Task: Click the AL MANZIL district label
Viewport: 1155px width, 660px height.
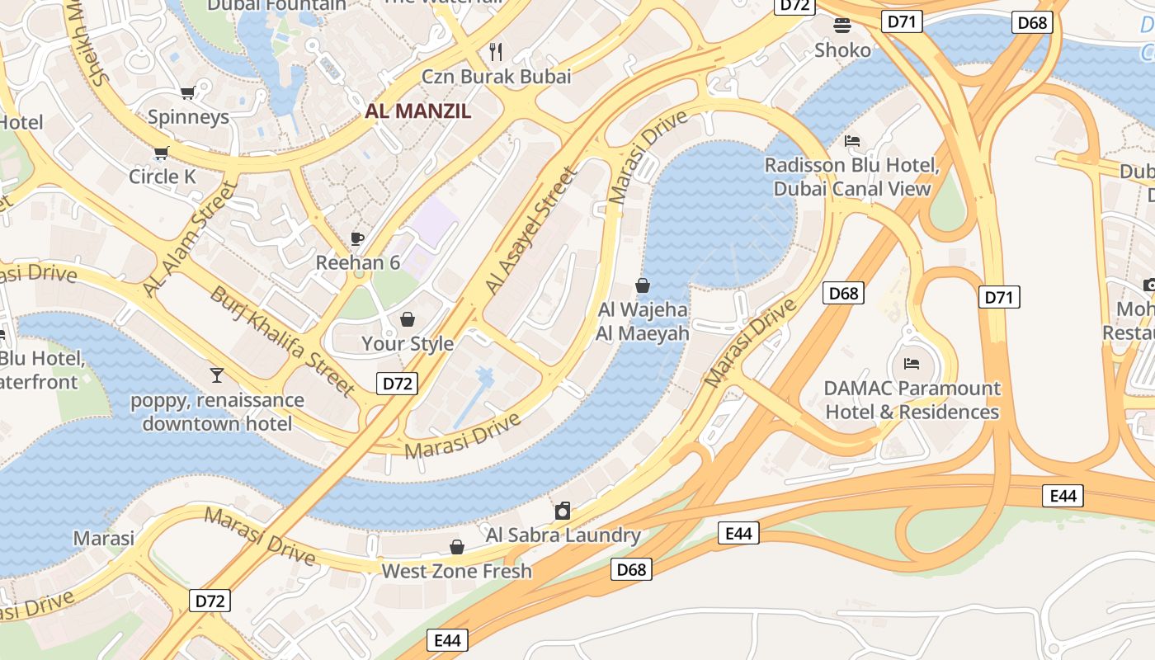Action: pyautogui.click(x=418, y=111)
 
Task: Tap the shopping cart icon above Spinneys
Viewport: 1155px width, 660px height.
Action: pyautogui.click(x=187, y=93)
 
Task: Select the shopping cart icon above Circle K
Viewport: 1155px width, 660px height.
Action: pyautogui.click(x=161, y=153)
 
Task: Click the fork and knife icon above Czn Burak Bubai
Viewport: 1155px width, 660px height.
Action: pyautogui.click(x=496, y=52)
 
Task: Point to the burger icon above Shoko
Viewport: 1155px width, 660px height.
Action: pyautogui.click(x=841, y=26)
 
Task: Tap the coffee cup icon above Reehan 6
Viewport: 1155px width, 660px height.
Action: pyautogui.click(x=357, y=239)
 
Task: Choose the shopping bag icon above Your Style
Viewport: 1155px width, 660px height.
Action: pyautogui.click(x=408, y=318)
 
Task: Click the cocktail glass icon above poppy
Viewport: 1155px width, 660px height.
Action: pyautogui.click(x=217, y=375)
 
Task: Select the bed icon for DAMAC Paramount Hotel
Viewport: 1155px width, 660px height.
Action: pyautogui.click(x=912, y=363)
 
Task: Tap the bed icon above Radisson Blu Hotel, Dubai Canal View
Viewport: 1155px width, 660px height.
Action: pyautogui.click(x=852, y=141)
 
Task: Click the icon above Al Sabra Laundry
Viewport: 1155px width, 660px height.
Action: pyautogui.click(x=563, y=511)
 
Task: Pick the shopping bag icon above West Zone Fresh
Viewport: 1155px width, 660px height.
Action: pyautogui.click(x=456, y=547)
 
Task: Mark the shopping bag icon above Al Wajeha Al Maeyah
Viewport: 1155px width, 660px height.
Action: pyautogui.click(x=643, y=285)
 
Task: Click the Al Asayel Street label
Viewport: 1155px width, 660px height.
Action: pyautogui.click(x=530, y=230)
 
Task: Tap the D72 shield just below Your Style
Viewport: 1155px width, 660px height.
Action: pyautogui.click(x=397, y=383)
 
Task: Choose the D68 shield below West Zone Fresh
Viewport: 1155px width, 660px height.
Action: pyautogui.click(x=631, y=568)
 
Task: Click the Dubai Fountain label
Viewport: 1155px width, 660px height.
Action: pyautogui.click(x=276, y=5)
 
